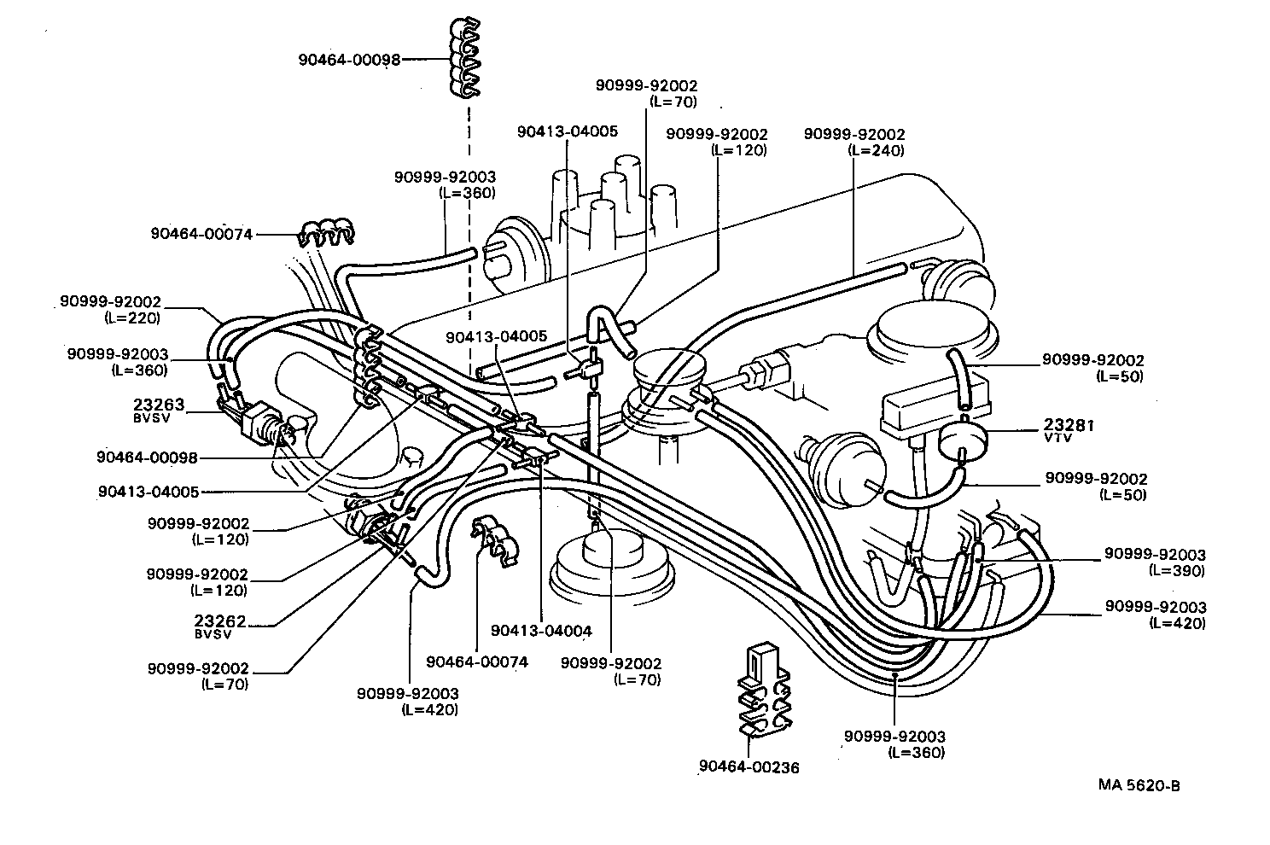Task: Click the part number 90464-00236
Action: tap(749, 767)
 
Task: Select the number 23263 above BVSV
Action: tap(159, 405)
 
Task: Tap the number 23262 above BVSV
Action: tap(220, 621)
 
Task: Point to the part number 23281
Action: tap(1068, 425)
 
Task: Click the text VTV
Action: tap(1056, 438)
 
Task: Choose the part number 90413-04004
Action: tap(541, 631)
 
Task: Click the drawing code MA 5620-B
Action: tap(1139, 786)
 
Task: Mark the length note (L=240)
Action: tap(876, 150)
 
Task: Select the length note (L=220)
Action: tap(132, 318)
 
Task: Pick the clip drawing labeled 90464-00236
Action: tap(763, 687)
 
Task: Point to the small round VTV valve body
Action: tap(963, 440)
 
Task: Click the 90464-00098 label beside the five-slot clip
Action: tap(349, 60)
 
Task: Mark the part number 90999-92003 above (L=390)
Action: tap(1155, 555)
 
